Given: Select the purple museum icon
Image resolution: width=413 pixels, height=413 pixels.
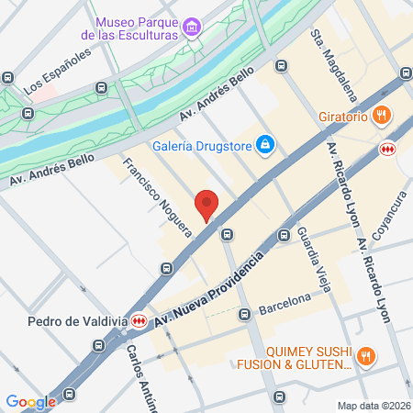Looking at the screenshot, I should (x=192, y=27).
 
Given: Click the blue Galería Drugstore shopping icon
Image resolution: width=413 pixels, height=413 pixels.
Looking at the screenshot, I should (x=265, y=143).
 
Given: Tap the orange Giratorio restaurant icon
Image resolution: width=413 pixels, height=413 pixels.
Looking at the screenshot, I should (x=384, y=117).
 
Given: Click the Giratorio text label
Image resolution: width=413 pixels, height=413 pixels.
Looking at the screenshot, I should (x=344, y=117).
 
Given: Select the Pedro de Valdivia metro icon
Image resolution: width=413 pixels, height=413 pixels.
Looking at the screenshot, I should (x=139, y=321).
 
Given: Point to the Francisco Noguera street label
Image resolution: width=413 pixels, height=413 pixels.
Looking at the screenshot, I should (x=156, y=197).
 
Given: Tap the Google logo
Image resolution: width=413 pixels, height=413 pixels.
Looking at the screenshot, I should (x=30, y=401).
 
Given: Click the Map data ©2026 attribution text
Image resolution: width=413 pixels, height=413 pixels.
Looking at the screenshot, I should (x=372, y=406).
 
